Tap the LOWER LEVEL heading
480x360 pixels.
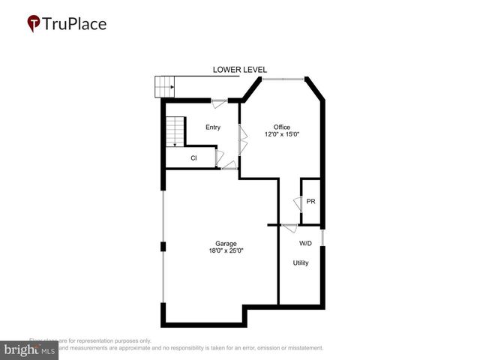pos(239,70)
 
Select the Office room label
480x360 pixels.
pos(281,127)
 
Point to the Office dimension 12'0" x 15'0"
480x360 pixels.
pos(281,135)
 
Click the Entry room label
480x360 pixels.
pos(213,127)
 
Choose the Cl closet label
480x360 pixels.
pos(193,158)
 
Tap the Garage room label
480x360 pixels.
pos(226,244)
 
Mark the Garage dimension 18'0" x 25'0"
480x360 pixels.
pos(226,251)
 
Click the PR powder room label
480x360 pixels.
pos(310,201)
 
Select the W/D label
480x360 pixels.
pos(305,244)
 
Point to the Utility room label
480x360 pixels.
pos(301,263)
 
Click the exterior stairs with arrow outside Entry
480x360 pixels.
pos(165,87)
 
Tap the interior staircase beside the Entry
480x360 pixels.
pos(175,131)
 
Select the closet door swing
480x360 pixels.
pos(218,158)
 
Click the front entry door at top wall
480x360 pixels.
pos(220,102)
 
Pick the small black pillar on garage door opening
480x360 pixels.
pos(163,247)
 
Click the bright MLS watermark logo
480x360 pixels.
pos(29,350)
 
